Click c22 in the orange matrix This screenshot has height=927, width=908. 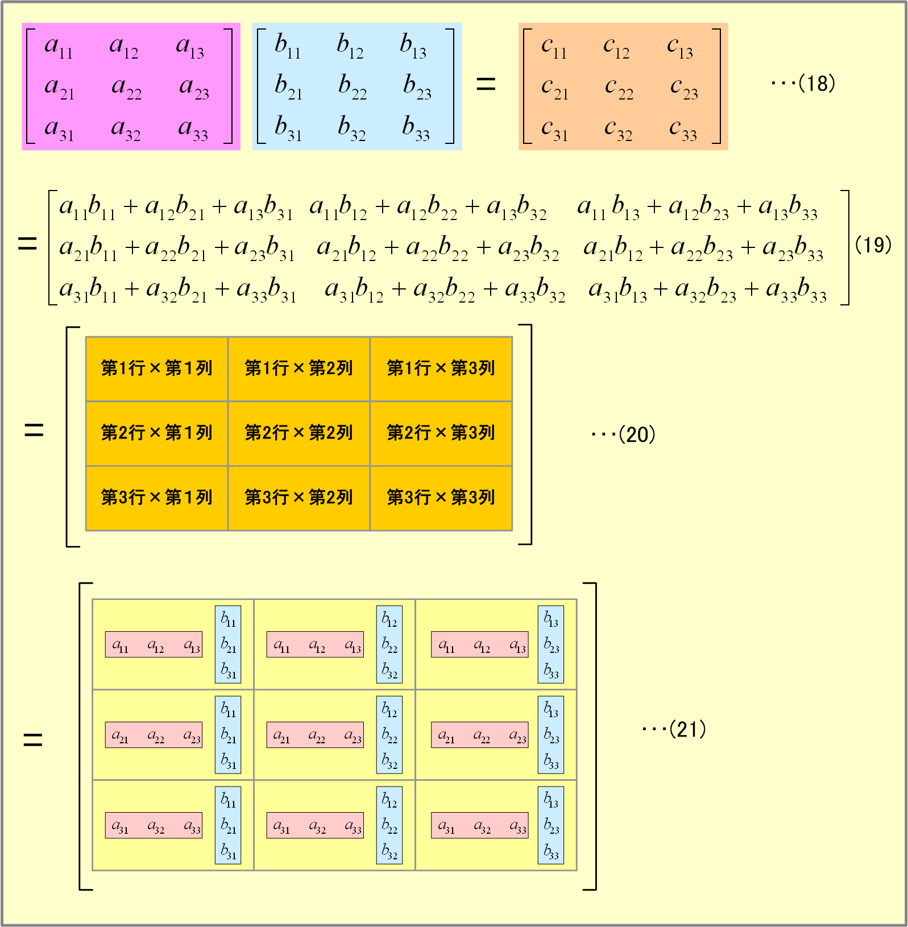click(619, 88)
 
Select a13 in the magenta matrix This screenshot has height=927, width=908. click(190, 47)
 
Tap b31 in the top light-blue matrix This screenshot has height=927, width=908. click(288, 128)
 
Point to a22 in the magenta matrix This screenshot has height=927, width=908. click(126, 88)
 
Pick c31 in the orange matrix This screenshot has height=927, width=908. click(554, 130)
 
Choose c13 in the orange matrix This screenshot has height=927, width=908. click(680, 47)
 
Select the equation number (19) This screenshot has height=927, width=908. click(873, 245)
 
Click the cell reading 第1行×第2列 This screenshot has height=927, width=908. click(299, 369)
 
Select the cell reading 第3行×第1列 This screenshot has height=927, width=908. click(157, 498)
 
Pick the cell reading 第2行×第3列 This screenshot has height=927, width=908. click(441, 433)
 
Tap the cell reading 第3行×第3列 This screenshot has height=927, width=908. click(441, 498)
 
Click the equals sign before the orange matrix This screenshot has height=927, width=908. click(486, 85)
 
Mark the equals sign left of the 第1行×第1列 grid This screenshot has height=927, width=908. click(34, 431)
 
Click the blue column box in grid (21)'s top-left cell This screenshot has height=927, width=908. click(228, 644)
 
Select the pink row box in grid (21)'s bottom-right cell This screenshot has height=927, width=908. click(480, 825)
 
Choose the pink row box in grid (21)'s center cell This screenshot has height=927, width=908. click(315, 735)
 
